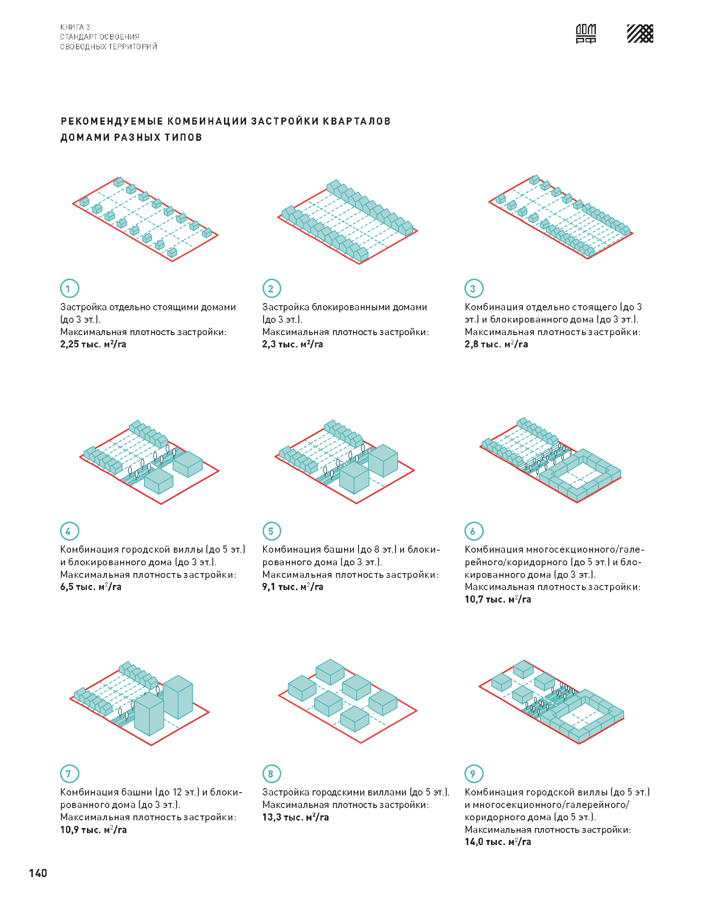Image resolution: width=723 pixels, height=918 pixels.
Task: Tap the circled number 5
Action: pyautogui.click(x=272, y=531)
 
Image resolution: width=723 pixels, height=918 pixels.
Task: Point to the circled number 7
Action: pyautogui.click(x=69, y=774)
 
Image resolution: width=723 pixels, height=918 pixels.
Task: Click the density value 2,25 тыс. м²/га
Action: pyautogui.click(x=93, y=344)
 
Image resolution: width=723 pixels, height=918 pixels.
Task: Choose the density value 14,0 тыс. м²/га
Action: pyautogui.click(x=498, y=842)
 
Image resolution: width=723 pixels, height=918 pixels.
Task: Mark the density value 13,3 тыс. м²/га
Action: pyautogui.click(x=295, y=817)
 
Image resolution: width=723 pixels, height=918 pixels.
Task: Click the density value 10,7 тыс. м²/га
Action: pyautogui.click(x=498, y=599)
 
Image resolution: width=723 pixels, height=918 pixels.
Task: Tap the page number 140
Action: pyautogui.click(x=38, y=873)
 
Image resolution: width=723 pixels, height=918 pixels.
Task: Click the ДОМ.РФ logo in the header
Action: pyautogui.click(x=586, y=33)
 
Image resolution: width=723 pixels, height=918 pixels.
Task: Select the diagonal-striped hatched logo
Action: pyautogui.click(x=640, y=33)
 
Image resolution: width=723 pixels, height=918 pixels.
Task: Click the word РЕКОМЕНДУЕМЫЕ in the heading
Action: pyautogui.click(x=112, y=122)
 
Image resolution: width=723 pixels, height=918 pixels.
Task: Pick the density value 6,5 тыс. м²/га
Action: pyautogui.click(x=90, y=587)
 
